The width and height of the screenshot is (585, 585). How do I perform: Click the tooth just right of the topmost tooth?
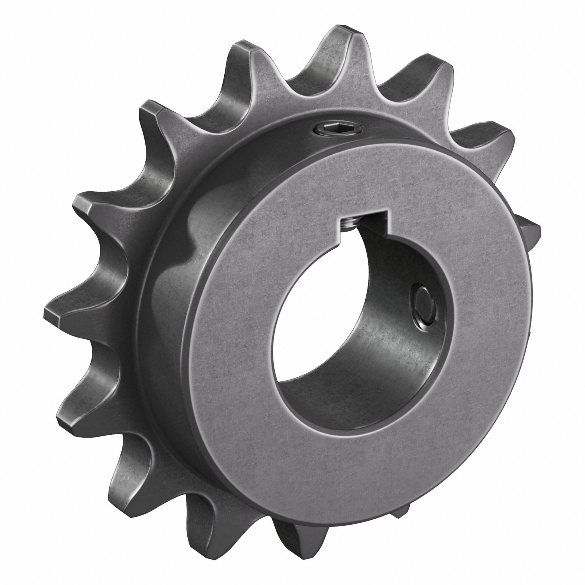436,70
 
